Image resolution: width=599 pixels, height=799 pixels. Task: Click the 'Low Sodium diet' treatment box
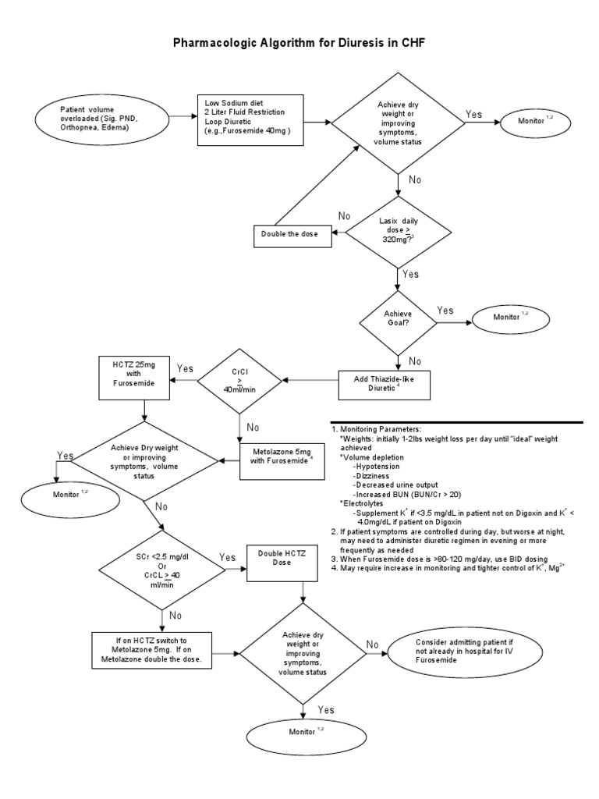pyautogui.click(x=250, y=117)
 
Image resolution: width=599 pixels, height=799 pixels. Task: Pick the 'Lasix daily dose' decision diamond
pyautogui.click(x=398, y=231)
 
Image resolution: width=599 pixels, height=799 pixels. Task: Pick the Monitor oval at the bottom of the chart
pyautogui.click(x=303, y=732)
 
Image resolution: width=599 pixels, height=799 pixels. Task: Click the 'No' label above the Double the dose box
pyautogui.click(x=345, y=216)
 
